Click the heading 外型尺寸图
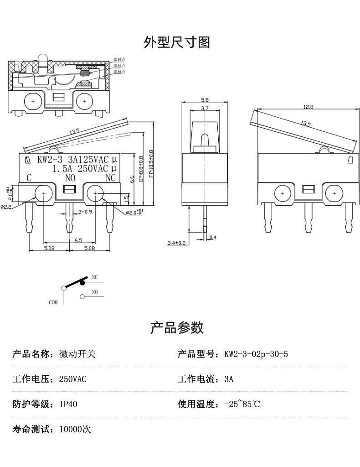coord(177,42)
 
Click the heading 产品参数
coord(177,327)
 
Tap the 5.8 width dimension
coord(204,100)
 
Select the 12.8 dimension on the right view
coord(309,107)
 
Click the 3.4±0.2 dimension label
coord(176,243)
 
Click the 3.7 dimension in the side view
coord(204,109)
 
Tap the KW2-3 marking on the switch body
coord(50,160)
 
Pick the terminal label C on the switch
coord(29,177)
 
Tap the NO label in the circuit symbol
coord(95,291)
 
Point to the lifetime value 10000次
coord(75,429)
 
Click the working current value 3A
coord(229,379)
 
